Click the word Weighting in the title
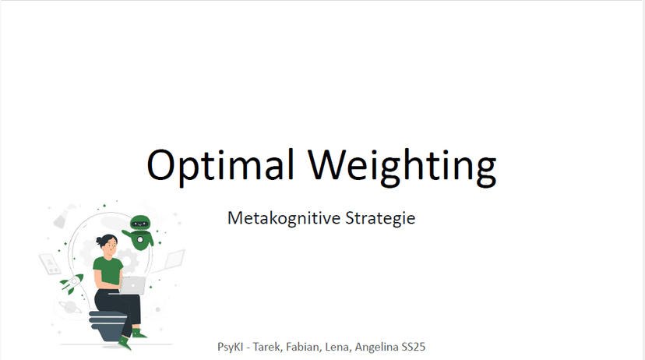click(x=403, y=166)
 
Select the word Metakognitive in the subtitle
click(x=284, y=217)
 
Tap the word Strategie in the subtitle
click(x=380, y=218)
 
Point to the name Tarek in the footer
click(x=267, y=347)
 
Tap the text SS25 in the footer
click(x=414, y=347)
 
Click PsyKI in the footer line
click(x=230, y=347)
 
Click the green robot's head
click(x=140, y=223)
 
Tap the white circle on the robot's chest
click(x=141, y=239)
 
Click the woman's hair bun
click(x=99, y=241)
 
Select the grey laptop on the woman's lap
click(x=132, y=285)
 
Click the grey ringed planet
click(x=70, y=308)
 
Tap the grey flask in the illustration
click(x=62, y=217)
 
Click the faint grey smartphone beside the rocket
click(x=51, y=263)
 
